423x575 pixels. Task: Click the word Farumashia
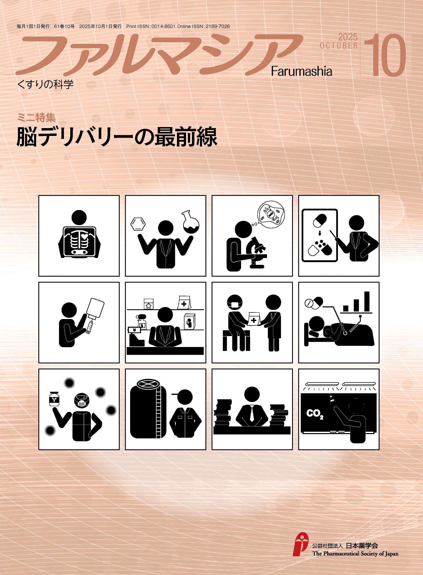click(x=302, y=71)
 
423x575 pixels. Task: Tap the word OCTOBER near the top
click(x=339, y=46)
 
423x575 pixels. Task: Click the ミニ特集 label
click(x=36, y=118)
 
